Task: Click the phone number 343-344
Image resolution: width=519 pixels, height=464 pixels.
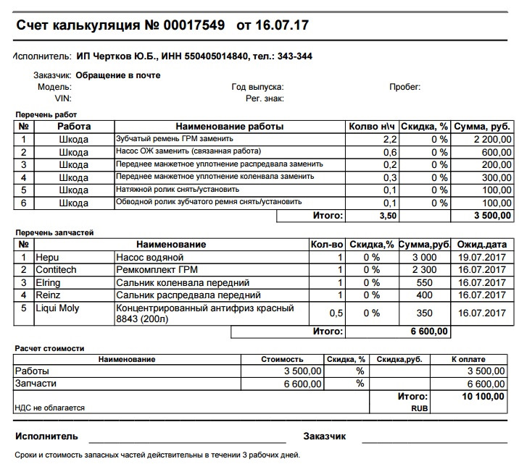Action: click(x=296, y=56)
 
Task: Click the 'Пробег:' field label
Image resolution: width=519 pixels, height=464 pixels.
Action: click(x=404, y=87)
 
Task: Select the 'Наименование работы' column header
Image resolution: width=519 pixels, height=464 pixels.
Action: click(x=230, y=127)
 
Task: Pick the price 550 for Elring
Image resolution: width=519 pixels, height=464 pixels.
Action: click(x=424, y=283)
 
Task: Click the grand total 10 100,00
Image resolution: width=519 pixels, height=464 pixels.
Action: click(x=481, y=396)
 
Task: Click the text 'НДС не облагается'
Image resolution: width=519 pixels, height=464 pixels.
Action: click(x=50, y=408)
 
